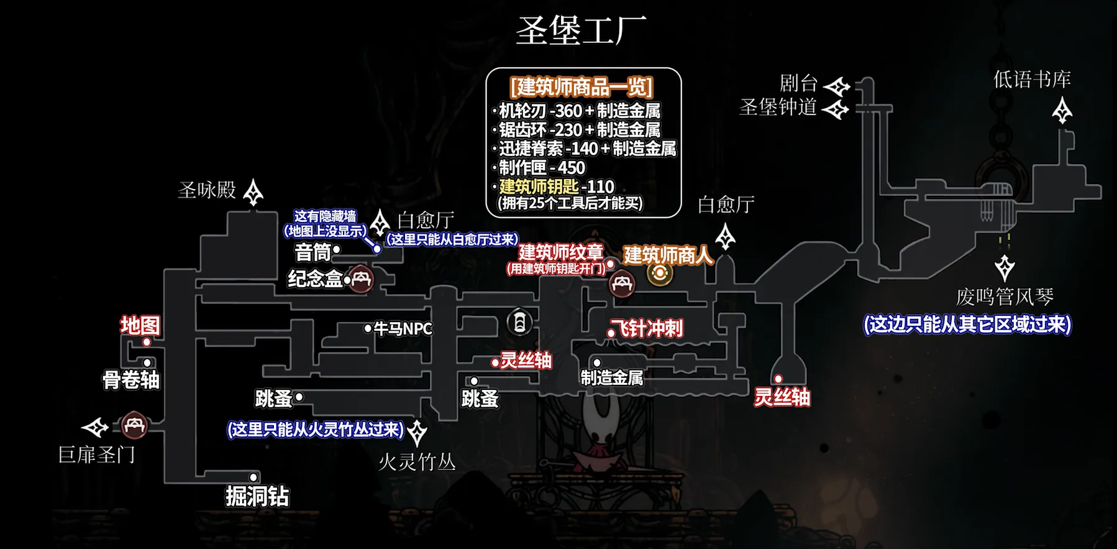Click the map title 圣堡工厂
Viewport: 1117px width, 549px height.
[580, 30]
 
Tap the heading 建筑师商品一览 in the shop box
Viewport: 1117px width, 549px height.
[581, 86]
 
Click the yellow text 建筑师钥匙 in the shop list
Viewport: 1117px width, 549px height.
[539, 186]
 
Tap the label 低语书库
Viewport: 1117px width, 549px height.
[1032, 80]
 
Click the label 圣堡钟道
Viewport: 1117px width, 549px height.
[778, 108]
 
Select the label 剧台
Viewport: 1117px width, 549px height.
[798, 83]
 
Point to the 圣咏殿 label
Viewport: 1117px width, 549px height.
[207, 190]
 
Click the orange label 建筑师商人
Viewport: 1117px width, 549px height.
[667, 254]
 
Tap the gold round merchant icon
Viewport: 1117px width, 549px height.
[659, 273]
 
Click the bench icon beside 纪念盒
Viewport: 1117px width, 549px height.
[361, 279]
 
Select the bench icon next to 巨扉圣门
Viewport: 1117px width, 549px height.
[134, 426]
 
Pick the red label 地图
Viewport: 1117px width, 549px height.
[140, 325]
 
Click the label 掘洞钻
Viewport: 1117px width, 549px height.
[257, 496]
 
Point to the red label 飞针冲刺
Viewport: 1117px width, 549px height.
[647, 328]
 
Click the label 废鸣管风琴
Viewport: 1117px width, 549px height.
[1005, 297]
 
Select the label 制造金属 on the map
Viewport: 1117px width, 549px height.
[611, 377]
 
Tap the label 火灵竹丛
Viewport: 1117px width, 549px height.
[417, 462]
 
